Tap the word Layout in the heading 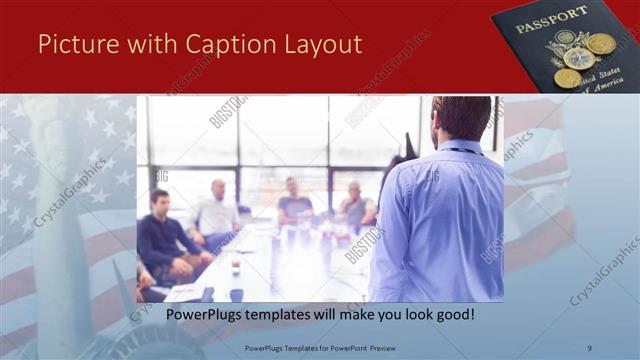click(x=322, y=44)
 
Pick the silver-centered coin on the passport click(x=578, y=58)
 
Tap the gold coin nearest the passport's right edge click(x=602, y=44)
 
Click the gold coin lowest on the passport click(x=567, y=78)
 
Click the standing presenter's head click(x=461, y=117)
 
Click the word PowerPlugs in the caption click(x=203, y=314)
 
